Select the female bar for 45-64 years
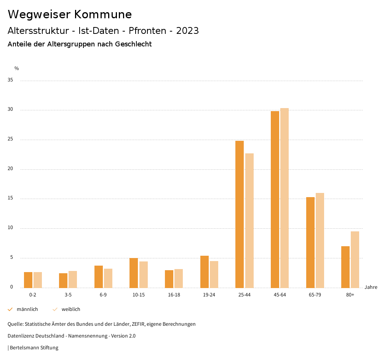point(285,198)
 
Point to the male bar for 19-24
point(205,272)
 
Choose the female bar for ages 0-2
point(38,280)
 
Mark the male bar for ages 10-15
point(134,273)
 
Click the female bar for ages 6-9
point(108,278)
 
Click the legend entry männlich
point(27,309)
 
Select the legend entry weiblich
point(71,309)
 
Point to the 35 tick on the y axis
point(10,80)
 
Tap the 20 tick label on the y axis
point(10,169)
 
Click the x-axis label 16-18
point(174,295)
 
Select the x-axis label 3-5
point(68,295)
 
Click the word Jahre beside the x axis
point(371,287)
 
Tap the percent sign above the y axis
point(17,68)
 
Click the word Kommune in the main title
point(103,14)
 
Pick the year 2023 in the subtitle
point(187,31)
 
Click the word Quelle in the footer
point(15,324)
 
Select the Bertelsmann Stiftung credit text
point(34,348)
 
